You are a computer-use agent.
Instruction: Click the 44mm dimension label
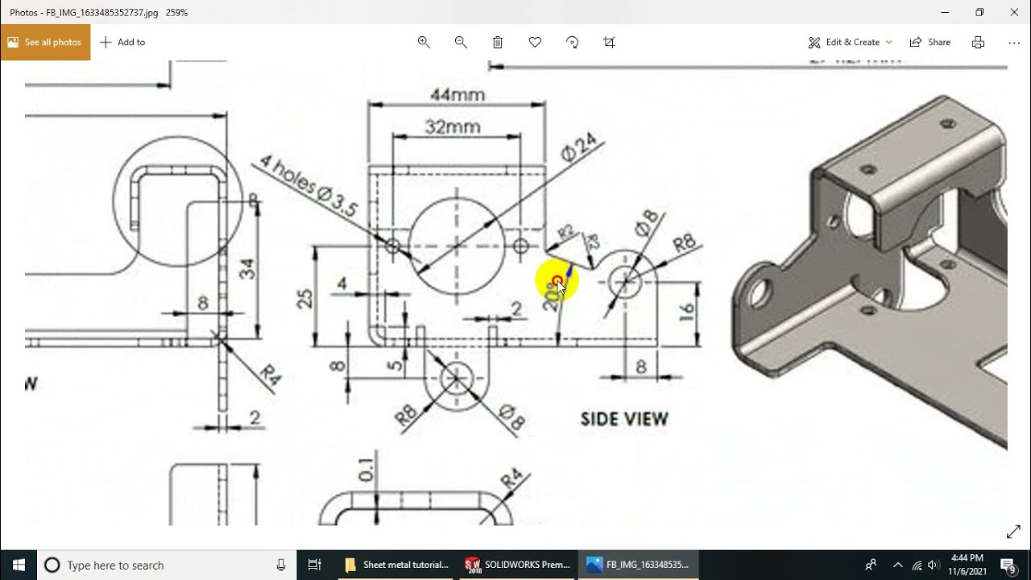pyautogui.click(x=457, y=95)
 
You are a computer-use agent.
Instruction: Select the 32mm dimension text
pyautogui.click(x=453, y=127)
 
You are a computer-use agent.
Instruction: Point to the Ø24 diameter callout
pyautogui.click(x=580, y=147)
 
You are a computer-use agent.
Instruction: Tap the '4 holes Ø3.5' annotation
pyautogui.click(x=308, y=186)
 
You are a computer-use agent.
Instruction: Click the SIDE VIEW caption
pyautogui.click(x=624, y=419)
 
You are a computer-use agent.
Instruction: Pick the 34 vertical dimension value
pyautogui.click(x=247, y=268)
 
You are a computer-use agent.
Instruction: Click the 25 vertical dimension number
pyautogui.click(x=305, y=298)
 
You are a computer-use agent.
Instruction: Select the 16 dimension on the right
pyautogui.click(x=686, y=313)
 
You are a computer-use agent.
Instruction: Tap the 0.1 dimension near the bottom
pyautogui.click(x=366, y=470)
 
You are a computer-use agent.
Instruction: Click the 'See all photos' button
pyautogui.click(x=45, y=42)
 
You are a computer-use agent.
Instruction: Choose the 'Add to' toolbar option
pyautogui.click(x=122, y=42)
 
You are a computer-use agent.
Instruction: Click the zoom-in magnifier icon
pyautogui.click(x=424, y=42)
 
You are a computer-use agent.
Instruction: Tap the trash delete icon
pyautogui.click(x=498, y=42)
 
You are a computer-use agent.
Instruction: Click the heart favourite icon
pyautogui.click(x=535, y=42)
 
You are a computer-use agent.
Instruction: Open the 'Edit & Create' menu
pyautogui.click(x=851, y=42)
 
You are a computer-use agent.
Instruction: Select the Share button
pyautogui.click(x=930, y=42)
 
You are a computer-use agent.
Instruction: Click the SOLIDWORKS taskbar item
pyautogui.click(x=517, y=565)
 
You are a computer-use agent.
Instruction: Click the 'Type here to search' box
pyautogui.click(x=165, y=565)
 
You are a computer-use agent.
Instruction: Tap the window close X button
pyautogui.click(x=1014, y=12)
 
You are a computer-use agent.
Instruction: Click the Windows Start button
pyautogui.click(x=19, y=565)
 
